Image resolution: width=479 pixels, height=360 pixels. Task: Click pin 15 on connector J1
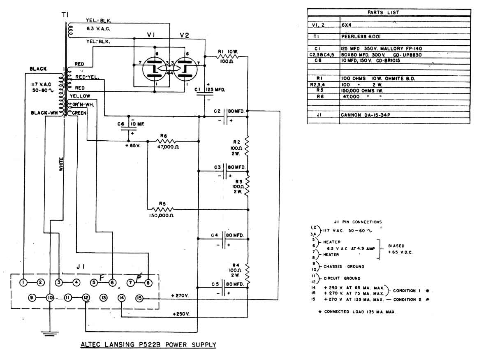coord(139,297)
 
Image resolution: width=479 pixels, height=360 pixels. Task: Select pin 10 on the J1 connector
coord(50,297)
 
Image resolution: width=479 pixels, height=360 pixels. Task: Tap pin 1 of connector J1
coord(24,282)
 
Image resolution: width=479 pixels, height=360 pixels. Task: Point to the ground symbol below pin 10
coord(50,333)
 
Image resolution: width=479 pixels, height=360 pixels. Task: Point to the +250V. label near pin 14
coord(180,314)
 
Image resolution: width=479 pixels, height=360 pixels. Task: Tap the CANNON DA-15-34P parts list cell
coord(365,115)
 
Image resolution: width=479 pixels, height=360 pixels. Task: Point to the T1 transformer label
coord(65,15)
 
